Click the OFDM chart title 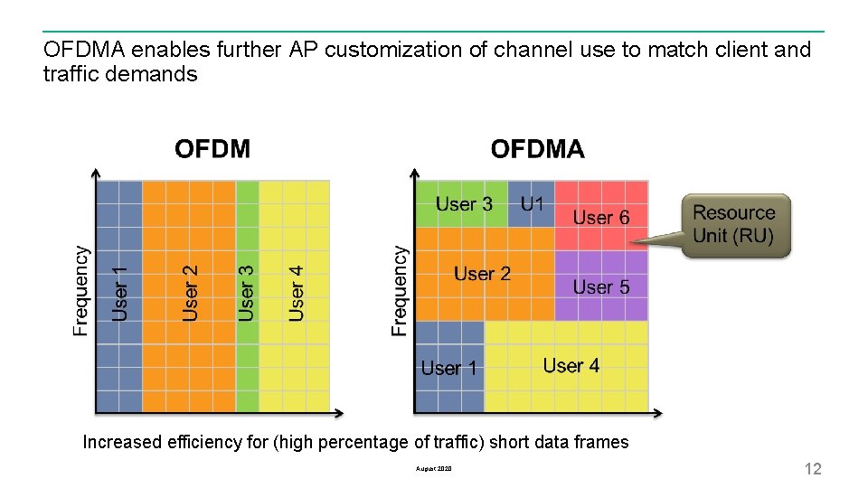pyautogui.click(x=212, y=149)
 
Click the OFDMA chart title pyautogui.click(x=537, y=149)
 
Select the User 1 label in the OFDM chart pyautogui.click(x=120, y=293)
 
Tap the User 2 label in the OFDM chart pyautogui.click(x=191, y=293)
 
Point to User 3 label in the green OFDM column pyautogui.click(x=246, y=293)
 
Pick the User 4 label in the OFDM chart pyautogui.click(x=297, y=293)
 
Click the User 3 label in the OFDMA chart pyautogui.click(x=464, y=204)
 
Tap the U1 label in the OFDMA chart pyautogui.click(x=533, y=204)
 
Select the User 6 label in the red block pyautogui.click(x=601, y=218)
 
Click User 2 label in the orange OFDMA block pyautogui.click(x=482, y=274)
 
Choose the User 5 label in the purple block pyautogui.click(x=601, y=287)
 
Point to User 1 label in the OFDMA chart pyautogui.click(x=449, y=368)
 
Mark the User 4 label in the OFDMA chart pyautogui.click(x=571, y=366)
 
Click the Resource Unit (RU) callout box pyautogui.click(x=734, y=225)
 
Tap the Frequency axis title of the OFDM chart pyautogui.click(x=81, y=291)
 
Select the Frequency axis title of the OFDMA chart pyautogui.click(x=399, y=291)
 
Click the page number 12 pyautogui.click(x=813, y=468)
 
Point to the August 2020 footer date pyautogui.click(x=434, y=469)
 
